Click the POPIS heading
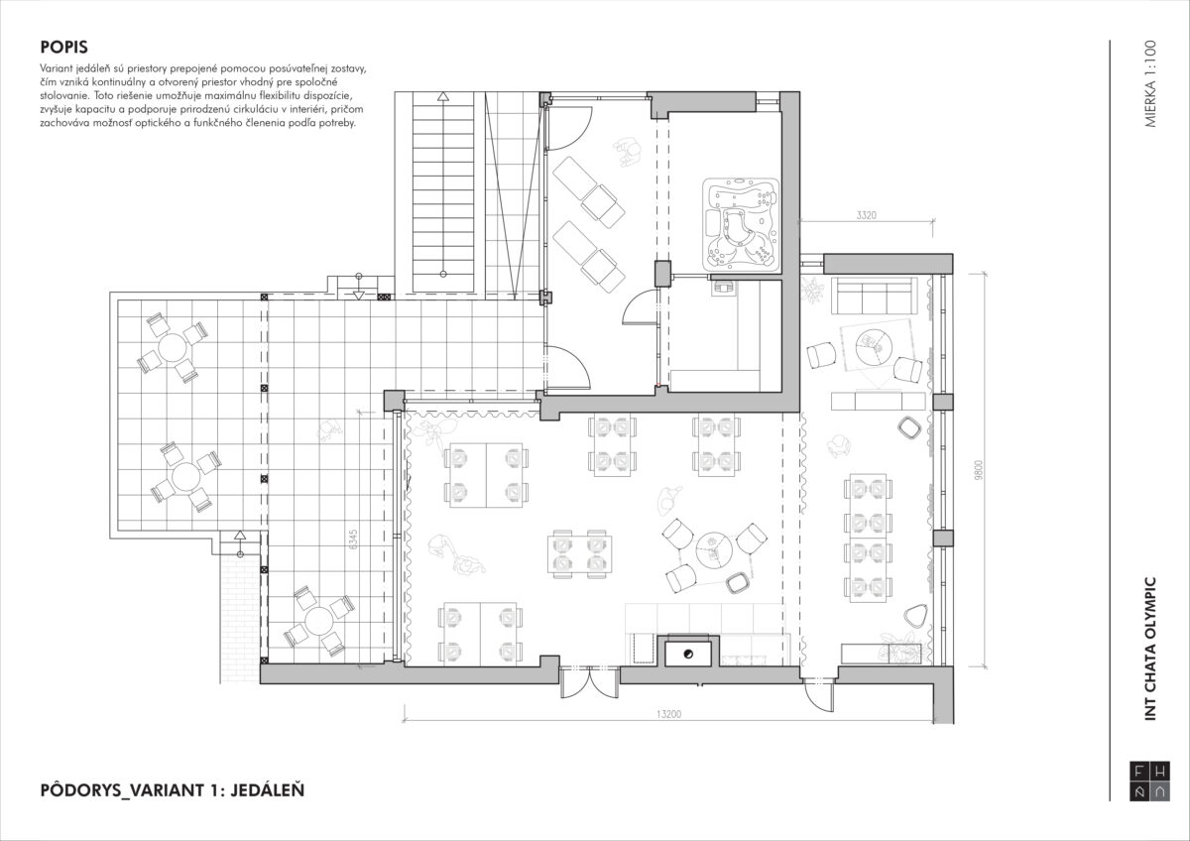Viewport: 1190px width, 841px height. point(63,48)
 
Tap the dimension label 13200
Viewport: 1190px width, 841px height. point(668,714)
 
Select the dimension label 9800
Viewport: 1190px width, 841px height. point(979,470)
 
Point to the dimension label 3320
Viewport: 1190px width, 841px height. point(867,215)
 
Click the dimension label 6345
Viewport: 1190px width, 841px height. point(354,539)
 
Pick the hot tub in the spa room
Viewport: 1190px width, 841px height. point(741,223)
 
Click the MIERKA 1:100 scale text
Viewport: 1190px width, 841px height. point(1150,84)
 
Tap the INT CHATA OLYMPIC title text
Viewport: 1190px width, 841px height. point(1150,650)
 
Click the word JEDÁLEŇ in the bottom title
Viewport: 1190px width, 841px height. point(268,789)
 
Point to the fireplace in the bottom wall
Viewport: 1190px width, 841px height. point(688,652)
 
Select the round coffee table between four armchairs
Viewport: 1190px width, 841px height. point(714,548)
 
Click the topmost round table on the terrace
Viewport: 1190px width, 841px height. point(173,347)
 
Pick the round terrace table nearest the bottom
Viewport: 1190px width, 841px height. point(318,621)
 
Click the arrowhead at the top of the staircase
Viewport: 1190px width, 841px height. point(443,96)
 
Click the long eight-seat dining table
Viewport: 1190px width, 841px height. point(868,538)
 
